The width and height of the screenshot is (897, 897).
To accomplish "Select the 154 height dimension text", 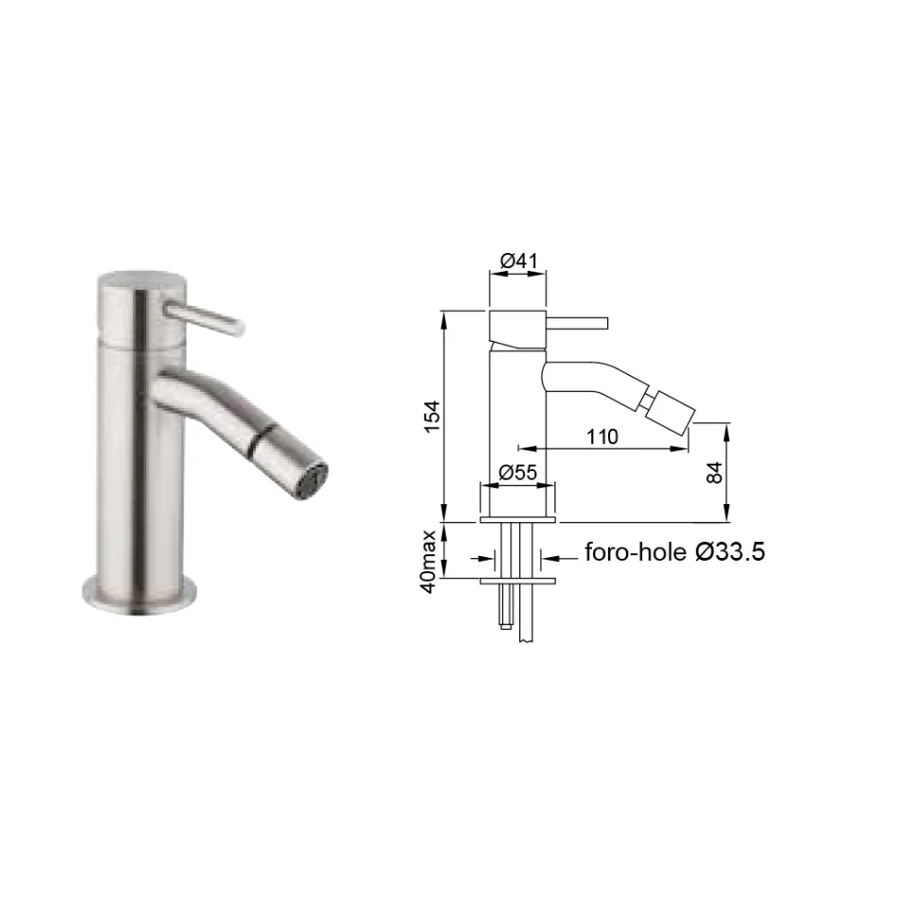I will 432,416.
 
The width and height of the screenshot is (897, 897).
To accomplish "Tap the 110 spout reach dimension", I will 602,436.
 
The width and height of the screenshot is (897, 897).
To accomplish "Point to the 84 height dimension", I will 714,472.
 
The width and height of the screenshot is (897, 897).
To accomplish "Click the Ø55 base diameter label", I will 517,472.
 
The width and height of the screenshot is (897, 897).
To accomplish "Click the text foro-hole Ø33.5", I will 674,552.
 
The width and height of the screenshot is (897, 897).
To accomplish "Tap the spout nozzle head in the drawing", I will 669,412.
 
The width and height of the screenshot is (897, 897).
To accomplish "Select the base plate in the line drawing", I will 517,518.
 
